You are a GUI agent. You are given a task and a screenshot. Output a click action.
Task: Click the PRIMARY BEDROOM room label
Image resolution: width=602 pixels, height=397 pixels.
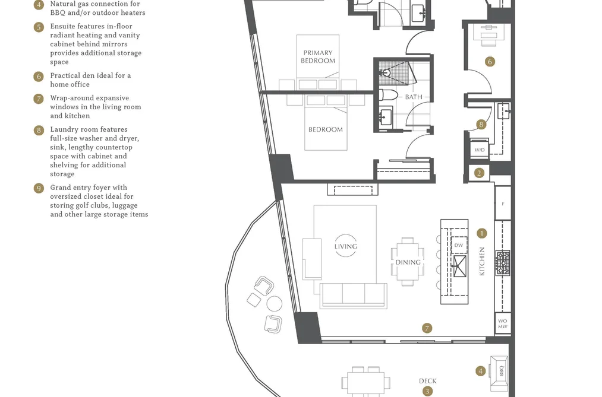point(318,57)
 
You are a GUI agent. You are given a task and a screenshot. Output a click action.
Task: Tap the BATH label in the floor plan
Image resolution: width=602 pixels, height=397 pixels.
point(414,97)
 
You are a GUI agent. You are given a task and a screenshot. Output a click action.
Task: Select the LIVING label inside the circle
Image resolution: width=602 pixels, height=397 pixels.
point(345,246)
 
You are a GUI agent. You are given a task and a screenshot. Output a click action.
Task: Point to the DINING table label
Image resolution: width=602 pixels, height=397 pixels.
point(408,262)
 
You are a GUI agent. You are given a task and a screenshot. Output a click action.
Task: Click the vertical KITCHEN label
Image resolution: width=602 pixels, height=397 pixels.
point(482,261)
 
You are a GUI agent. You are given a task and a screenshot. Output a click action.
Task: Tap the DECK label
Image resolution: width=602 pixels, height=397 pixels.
point(428,381)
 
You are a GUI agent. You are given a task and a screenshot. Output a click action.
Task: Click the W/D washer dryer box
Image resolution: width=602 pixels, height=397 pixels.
point(480,149)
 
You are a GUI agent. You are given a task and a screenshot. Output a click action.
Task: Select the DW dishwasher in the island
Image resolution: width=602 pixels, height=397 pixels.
point(459,245)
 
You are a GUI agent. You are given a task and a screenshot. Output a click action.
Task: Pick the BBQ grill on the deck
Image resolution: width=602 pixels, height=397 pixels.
point(499,370)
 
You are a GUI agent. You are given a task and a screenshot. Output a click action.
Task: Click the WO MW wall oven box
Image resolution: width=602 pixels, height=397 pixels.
point(503,324)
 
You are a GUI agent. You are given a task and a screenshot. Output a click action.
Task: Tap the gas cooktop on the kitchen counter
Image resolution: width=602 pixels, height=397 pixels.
point(503,263)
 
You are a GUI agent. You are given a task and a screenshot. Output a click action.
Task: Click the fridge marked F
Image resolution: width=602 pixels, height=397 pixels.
point(503,203)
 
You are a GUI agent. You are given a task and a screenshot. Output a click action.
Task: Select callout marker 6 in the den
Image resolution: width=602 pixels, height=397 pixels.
point(490,62)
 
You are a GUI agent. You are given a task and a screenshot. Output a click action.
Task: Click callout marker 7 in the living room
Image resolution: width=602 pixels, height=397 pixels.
point(427,328)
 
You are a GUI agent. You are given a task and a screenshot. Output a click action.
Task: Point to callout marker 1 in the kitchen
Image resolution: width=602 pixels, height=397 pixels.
point(482,233)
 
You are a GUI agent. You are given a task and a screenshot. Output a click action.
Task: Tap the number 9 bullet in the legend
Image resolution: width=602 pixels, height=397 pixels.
point(39,188)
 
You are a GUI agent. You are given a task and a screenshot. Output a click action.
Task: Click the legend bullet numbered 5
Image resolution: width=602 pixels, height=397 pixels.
point(39,27)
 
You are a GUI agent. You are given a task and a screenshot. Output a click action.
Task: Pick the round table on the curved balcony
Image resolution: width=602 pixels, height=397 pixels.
point(274,303)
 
